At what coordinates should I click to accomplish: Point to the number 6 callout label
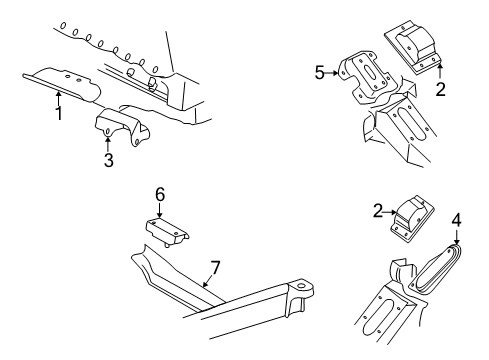159,193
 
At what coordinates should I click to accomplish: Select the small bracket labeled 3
118,128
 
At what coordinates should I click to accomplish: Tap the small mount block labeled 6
168,230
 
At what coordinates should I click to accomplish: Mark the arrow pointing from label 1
59,97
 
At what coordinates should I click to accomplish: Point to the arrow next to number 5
333,73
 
